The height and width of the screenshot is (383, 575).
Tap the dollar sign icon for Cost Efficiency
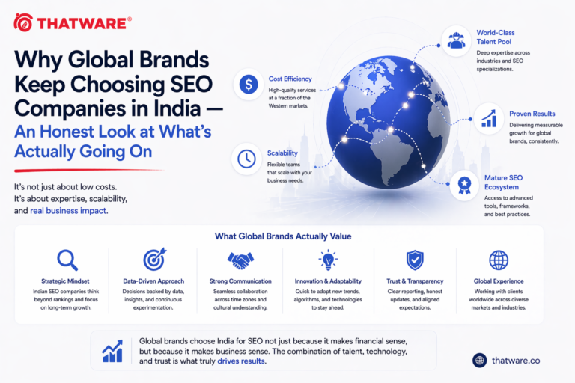[248, 85]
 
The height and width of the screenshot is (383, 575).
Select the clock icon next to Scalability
[247, 159]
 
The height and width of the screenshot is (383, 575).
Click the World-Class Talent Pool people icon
[456, 40]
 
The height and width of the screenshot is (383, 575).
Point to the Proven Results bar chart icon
[489, 117]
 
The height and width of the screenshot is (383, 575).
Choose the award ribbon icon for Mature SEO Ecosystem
[466, 183]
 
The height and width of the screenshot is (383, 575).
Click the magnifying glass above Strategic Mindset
[67, 260]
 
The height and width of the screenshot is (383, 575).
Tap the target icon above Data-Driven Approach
[154, 259]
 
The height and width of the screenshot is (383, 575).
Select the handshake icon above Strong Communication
[240, 260]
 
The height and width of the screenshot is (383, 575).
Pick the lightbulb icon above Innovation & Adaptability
[328, 260]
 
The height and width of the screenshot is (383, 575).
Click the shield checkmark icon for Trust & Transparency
[414, 260]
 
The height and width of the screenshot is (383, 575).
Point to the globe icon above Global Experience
[499, 260]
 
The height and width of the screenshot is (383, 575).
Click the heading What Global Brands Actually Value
[283, 236]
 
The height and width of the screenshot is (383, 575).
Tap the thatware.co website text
[516, 360]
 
